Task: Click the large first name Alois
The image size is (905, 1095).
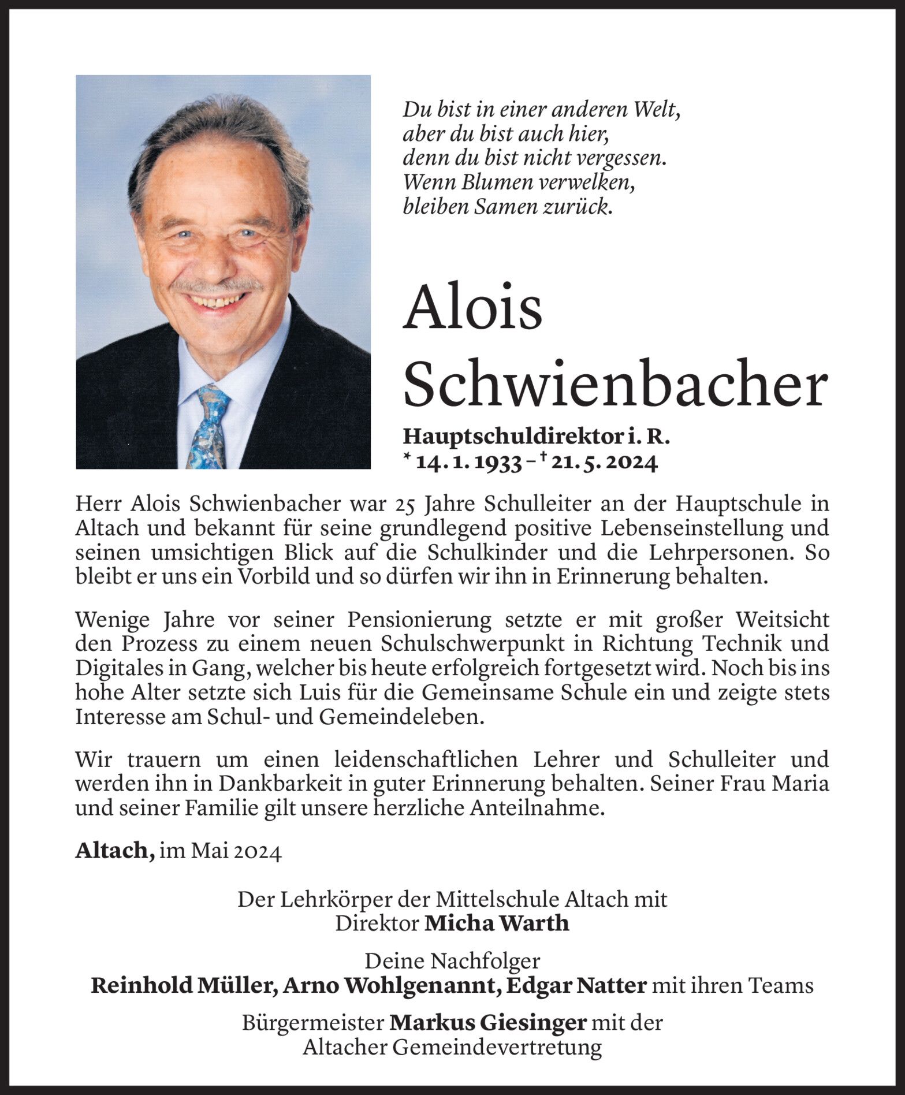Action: [x=472, y=307]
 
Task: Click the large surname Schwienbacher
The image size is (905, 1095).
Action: [x=615, y=383]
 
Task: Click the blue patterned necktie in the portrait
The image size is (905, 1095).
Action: [x=208, y=427]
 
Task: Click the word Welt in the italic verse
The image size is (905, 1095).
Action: [x=654, y=109]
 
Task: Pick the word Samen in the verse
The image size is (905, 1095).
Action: [x=504, y=207]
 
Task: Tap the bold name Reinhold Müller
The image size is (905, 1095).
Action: [x=181, y=985]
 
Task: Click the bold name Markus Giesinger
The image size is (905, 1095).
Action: [x=488, y=1023]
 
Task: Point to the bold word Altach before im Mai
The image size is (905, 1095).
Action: [x=114, y=852]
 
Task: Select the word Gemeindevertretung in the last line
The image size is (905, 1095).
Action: [x=497, y=1048]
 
